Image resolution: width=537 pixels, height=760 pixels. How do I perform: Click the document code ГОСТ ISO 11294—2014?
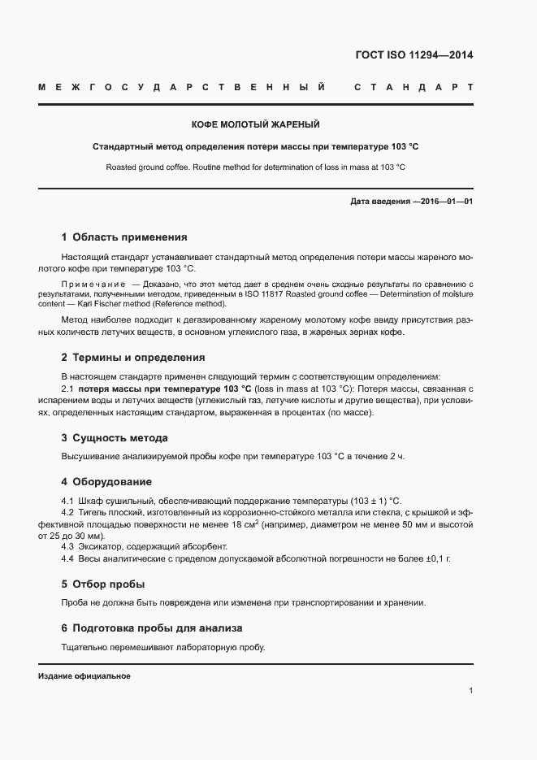pyautogui.click(x=415, y=55)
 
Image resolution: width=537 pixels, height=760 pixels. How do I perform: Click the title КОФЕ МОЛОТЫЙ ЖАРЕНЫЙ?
pyautogui.click(x=255, y=124)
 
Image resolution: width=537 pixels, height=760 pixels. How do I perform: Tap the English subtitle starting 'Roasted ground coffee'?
pyautogui.click(x=255, y=167)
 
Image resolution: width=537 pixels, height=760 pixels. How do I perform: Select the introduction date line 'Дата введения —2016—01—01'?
pyautogui.click(x=411, y=200)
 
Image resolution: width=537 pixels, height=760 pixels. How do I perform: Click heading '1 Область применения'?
pyautogui.click(x=124, y=237)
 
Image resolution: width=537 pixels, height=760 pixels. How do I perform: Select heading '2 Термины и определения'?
pyautogui.click(x=132, y=357)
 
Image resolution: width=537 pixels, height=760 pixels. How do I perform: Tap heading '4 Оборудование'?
pyautogui.click(x=106, y=481)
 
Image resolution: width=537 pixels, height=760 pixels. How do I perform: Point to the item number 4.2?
pyautogui.click(x=67, y=513)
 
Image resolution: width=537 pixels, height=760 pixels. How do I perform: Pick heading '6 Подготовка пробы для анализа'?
pyautogui.click(x=151, y=628)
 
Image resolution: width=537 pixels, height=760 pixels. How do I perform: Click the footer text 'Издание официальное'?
pyautogui.click(x=84, y=675)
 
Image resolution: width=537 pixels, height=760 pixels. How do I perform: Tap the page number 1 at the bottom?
pyautogui.click(x=470, y=690)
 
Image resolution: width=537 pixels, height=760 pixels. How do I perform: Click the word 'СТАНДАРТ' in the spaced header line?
pyautogui.click(x=414, y=86)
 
